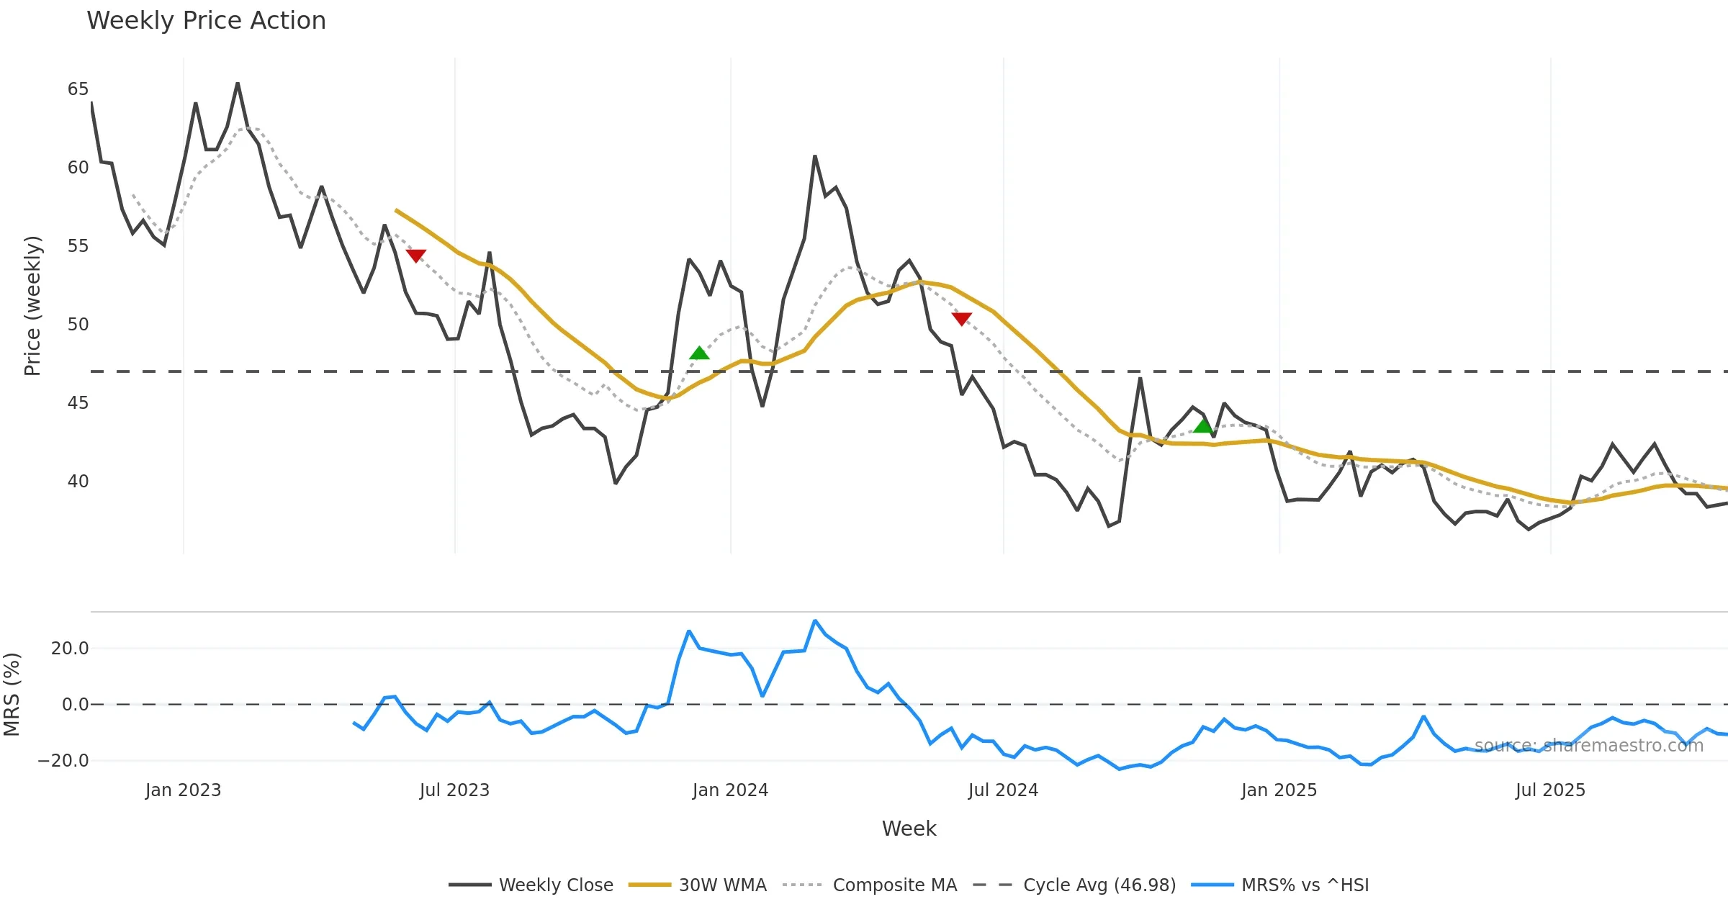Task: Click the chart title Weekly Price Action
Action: (206, 21)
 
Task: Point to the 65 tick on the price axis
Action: (78, 89)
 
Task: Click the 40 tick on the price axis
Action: (78, 481)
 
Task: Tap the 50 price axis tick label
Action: (78, 324)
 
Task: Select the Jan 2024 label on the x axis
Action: (730, 790)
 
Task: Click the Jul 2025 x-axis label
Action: (1550, 790)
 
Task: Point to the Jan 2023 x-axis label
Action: (183, 790)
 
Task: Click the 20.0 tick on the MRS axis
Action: (70, 648)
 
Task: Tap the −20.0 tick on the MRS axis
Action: (63, 761)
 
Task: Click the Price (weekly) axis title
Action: (33, 306)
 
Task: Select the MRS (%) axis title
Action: (12, 695)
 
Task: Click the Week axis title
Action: (909, 829)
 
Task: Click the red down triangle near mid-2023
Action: (416, 256)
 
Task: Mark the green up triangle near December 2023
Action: (699, 353)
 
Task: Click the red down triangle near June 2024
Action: (961, 318)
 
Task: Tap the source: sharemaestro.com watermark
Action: (1588, 746)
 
